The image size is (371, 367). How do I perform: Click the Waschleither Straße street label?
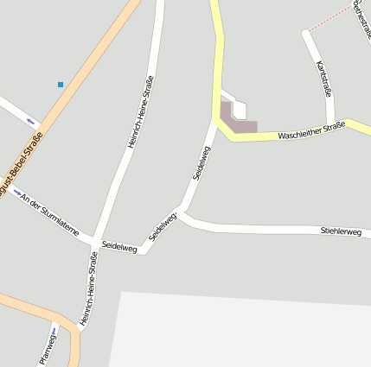pyautogui.click(x=311, y=131)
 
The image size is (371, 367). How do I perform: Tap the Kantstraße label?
pyautogui.click(x=324, y=79)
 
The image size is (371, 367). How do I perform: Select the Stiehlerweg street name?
pyautogui.click(x=340, y=231)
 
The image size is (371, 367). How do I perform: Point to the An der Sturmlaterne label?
pyautogui.click(x=50, y=215)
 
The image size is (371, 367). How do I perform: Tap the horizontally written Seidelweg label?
pyautogui.click(x=119, y=246)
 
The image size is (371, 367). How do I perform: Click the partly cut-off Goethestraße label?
pyautogui.click(x=361, y=19)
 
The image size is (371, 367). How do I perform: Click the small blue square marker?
pyautogui.click(x=61, y=85)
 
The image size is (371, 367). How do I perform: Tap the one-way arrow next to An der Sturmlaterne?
pyautogui.click(x=17, y=193)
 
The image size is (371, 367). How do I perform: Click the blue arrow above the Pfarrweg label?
pyautogui.click(x=54, y=330)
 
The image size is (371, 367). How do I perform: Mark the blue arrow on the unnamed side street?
pyautogui.click(x=30, y=120)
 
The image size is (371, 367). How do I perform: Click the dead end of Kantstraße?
pyautogui.click(x=305, y=34)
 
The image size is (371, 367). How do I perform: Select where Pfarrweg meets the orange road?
pyautogui.click(x=55, y=317)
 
